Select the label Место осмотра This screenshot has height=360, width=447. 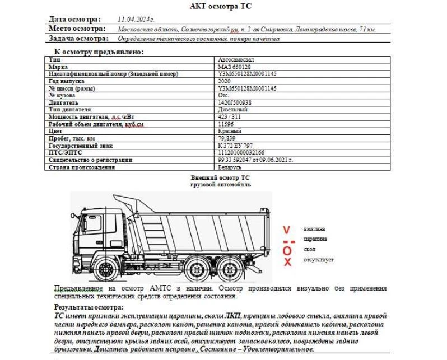coord(77,29)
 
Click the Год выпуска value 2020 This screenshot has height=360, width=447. coord(225,81)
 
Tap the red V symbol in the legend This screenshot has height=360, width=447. coord(287,230)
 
